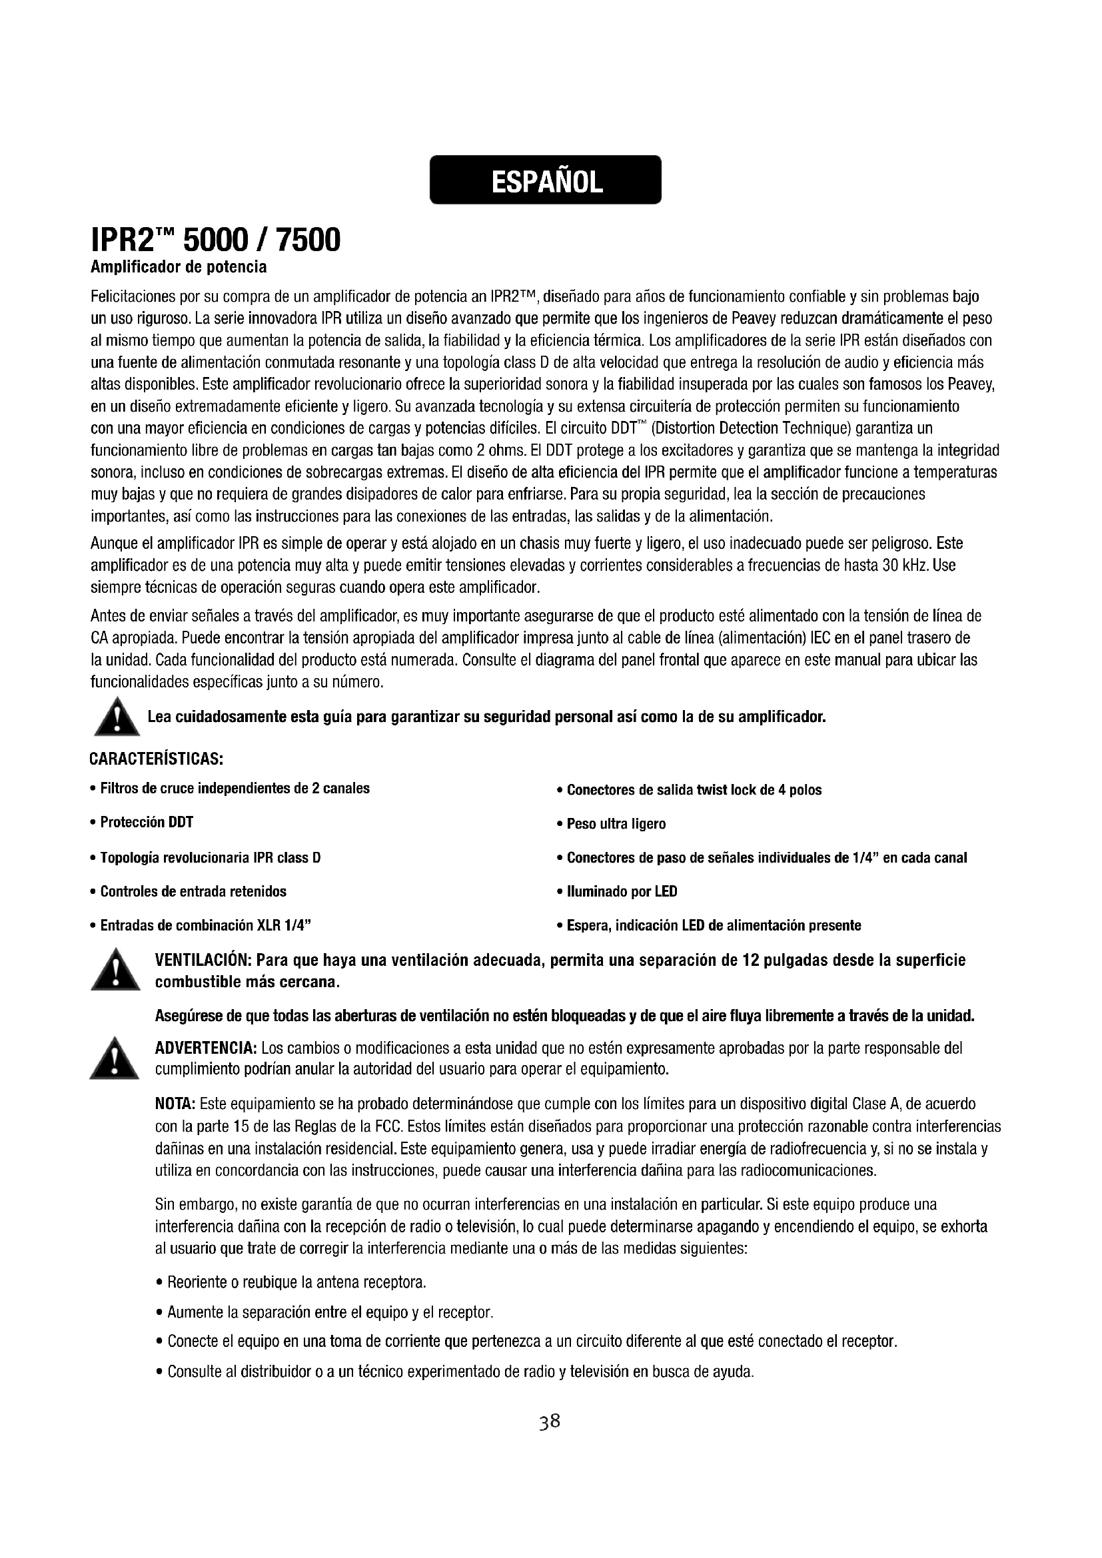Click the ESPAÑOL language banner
click(x=546, y=180)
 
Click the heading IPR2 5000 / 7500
click(x=215, y=241)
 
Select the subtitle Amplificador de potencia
click(x=179, y=267)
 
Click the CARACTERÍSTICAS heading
click(x=157, y=757)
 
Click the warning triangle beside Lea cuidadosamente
click(x=116, y=717)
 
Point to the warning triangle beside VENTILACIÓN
click(x=115, y=971)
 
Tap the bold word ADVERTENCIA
click(x=206, y=1048)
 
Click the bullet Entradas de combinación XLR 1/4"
click(x=206, y=925)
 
